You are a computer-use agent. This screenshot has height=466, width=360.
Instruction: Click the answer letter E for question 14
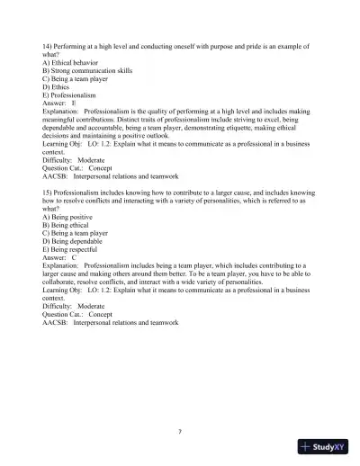(74, 103)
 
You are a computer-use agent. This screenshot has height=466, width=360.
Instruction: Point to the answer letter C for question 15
(74, 257)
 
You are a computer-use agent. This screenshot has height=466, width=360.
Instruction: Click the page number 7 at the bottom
(180, 431)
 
